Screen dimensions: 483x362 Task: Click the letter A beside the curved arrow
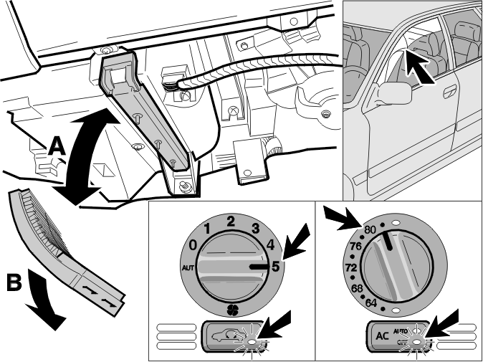(x=57, y=146)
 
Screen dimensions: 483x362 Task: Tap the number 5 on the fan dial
(x=275, y=267)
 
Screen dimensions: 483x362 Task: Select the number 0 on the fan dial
(x=193, y=246)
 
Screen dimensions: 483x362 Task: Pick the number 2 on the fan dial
(x=231, y=222)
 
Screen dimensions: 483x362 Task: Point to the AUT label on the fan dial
(x=188, y=268)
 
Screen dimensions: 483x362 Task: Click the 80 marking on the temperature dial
(x=370, y=229)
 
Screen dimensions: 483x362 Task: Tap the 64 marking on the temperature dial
(x=371, y=303)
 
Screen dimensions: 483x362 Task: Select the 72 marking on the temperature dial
(x=351, y=268)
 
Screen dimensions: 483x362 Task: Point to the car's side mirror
(x=395, y=92)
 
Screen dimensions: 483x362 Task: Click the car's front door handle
(x=449, y=92)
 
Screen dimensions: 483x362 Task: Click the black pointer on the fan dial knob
(x=259, y=267)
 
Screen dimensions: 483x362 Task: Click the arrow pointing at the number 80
(x=343, y=219)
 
